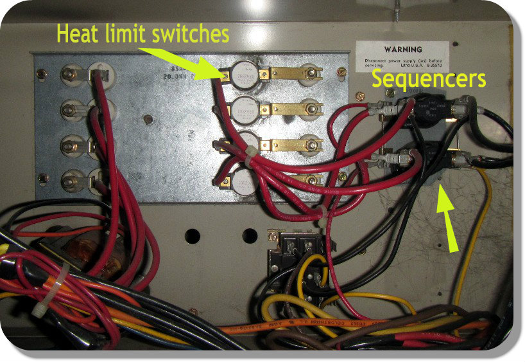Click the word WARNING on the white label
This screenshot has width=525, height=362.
pos(402,49)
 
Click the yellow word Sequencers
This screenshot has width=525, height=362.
pos(429,79)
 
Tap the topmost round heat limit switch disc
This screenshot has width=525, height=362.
pos(245,73)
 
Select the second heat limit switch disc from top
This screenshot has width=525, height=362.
pos(245,108)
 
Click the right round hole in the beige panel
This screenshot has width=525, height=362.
pos(248,235)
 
